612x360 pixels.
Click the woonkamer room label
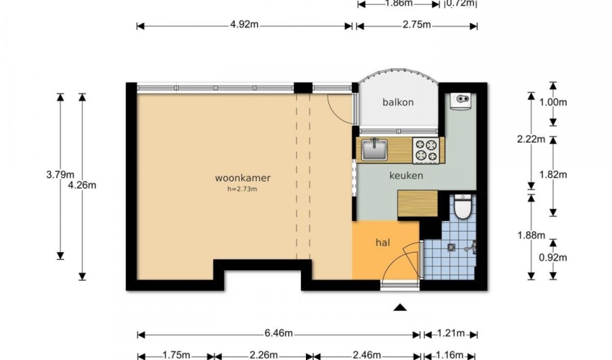click(x=243, y=178)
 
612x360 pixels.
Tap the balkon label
click(x=397, y=102)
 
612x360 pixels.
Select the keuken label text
click(x=406, y=176)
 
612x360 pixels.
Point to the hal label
click(x=382, y=243)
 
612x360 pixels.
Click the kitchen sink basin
click(x=374, y=150)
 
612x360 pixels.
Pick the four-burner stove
click(x=426, y=150)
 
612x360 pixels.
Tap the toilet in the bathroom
click(x=463, y=207)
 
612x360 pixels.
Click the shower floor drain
click(x=451, y=247)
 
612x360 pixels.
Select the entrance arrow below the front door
click(x=400, y=307)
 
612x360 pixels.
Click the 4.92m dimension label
click(x=244, y=24)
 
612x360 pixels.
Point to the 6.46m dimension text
click(x=279, y=333)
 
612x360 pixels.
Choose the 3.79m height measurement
click(x=60, y=174)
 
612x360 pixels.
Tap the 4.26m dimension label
click(x=82, y=185)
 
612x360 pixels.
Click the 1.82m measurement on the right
click(x=553, y=174)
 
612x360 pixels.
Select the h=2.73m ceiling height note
click(x=242, y=189)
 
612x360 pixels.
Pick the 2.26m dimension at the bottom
click(x=264, y=355)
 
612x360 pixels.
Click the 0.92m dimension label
click(x=553, y=257)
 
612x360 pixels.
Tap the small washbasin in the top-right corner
click(x=462, y=101)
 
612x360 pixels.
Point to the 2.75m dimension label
click(x=416, y=24)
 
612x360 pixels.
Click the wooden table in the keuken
click(x=417, y=203)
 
